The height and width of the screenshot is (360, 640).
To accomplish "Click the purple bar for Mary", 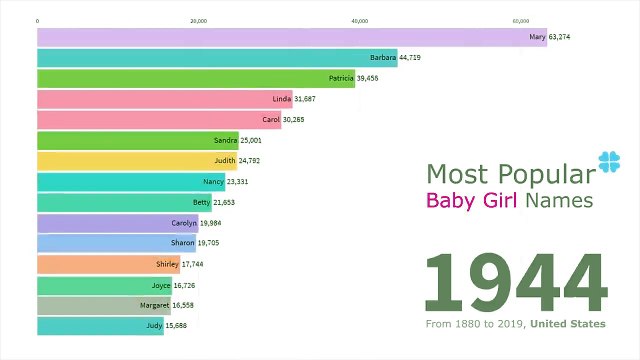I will tap(290, 37).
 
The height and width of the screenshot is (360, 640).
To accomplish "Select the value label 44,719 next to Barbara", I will tap(416, 58).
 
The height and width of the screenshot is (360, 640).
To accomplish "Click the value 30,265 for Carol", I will tap(301, 120).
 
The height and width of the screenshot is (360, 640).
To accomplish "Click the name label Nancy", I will tap(213, 182).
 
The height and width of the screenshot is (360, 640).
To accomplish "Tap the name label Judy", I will tap(153, 326).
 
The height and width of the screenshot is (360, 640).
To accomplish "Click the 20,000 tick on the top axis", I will tap(199, 20).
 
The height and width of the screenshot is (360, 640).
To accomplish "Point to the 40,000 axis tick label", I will tap(360, 20).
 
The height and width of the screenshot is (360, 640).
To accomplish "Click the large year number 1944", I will tap(515, 283).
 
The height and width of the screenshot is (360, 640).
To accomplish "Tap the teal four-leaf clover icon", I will tap(609, 162).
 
